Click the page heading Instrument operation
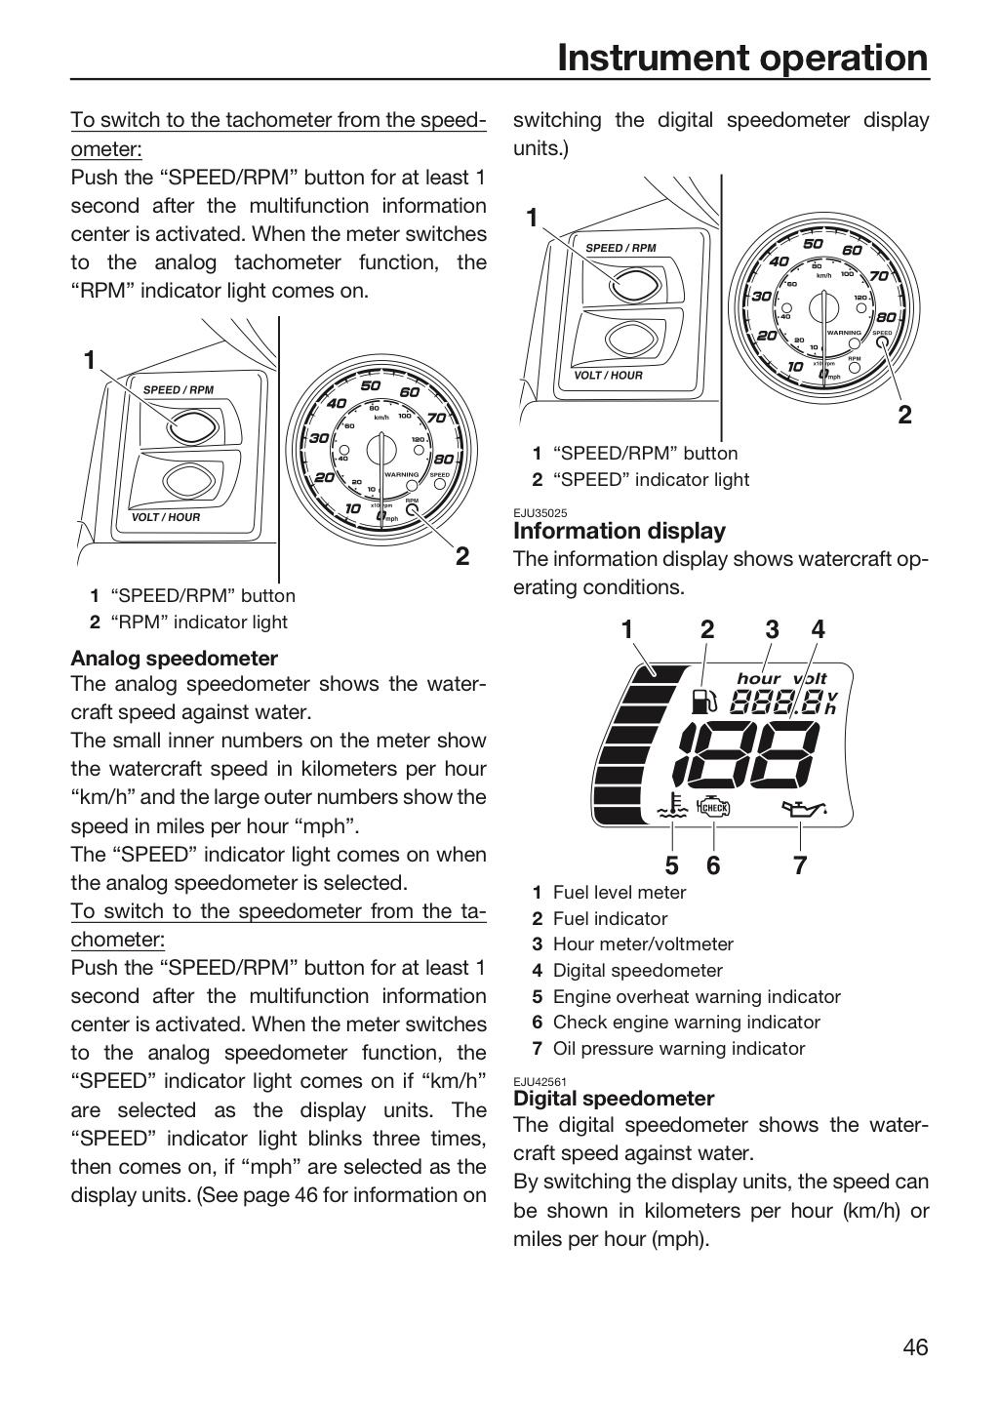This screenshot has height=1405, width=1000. pyautogui.click(x=742, y=59)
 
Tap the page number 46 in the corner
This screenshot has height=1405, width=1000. pyautogui.click(x=915, y=1346)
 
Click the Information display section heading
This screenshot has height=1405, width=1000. pyautogui.click(x=620, y=531)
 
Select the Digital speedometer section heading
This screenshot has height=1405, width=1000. pyautogui.click(x=614, y=1099)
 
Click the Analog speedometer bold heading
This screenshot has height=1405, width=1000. pyautogui.click(x=174, y=658)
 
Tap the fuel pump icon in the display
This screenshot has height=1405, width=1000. pyautogui.click(x=703, y=702)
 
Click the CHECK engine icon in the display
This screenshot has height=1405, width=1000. pyautogui.click(x=713, y=807)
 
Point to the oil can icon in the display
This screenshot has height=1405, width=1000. pyautogui.click(x=804, y=809)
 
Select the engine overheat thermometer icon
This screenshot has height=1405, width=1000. pyautogui.click(x=672, y=806)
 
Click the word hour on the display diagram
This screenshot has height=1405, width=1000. pyautogui.click(x=758, y=678)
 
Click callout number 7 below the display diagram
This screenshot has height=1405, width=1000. pyautogui.click(x=800, y=865)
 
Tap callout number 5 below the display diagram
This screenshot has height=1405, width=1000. pyautogui.click(x=672, y=865)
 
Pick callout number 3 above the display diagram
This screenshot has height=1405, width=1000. pyautogui.click(x=773, y=629)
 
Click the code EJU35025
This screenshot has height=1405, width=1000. pyautogui.click(x=540, y=513)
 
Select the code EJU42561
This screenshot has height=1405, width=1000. pyautogui.click(x=540, y=1081)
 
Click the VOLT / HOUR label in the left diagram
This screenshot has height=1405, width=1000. pyautogui.click(x=166, y=517)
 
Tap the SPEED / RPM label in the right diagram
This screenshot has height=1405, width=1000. pyautogui.click(x=620, y=248)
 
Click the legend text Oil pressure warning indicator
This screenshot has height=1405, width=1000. pyautogui.click(x=679, y=1048)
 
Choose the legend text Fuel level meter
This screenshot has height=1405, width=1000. pyautogui.click(x=620, y=892)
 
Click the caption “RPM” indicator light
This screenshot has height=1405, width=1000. pyautogui.click(x=199, y=622)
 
